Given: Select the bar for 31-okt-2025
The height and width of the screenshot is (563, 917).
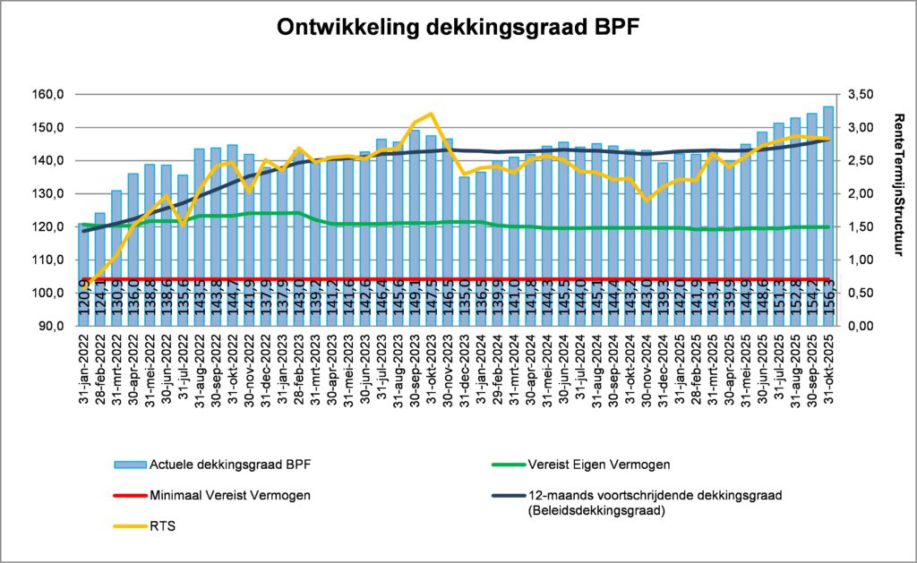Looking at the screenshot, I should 828,215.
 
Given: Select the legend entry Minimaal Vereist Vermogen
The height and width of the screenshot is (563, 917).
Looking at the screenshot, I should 227,495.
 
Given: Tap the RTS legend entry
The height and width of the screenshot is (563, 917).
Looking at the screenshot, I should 165,527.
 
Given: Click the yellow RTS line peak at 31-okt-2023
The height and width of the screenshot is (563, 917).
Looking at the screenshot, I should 432,114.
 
